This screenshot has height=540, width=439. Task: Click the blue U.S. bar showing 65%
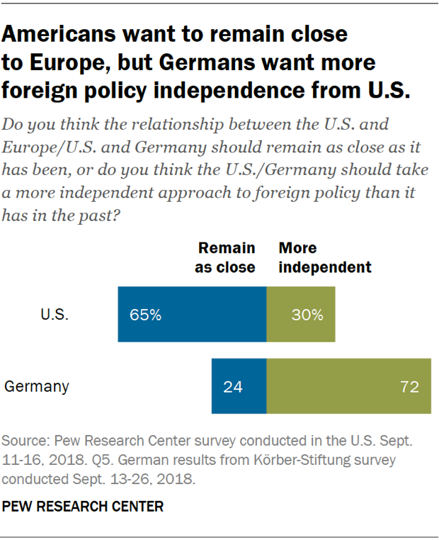coord(192,315)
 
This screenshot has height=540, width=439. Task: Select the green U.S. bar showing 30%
coord(300,315)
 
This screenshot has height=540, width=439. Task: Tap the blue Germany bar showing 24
coord(239,386)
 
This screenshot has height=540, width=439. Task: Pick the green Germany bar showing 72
coord(348,386)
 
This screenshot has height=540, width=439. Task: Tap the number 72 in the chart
coord(409,387)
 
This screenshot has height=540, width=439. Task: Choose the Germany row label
coord(37,387)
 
